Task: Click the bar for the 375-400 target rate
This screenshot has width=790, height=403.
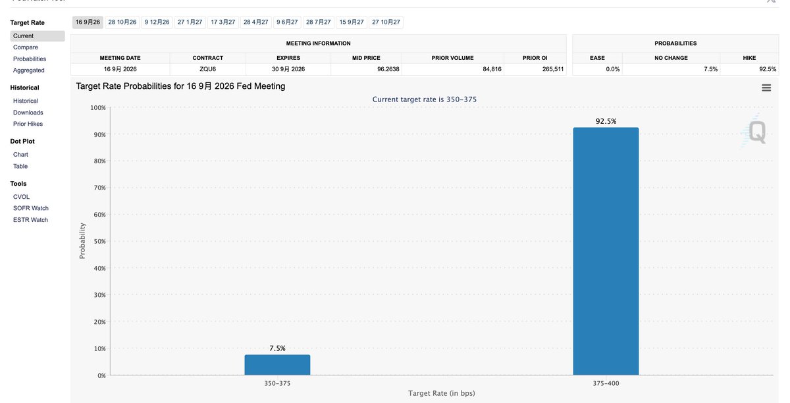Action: pos(606,251)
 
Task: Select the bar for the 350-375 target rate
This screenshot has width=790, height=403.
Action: pos(277,365)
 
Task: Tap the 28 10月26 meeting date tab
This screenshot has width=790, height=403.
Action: pos(122,22)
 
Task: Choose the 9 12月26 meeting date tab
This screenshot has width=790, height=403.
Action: pos(157,22)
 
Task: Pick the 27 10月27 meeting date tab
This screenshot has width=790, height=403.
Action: pos(386,22)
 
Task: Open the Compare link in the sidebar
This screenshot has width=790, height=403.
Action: pos(26,47)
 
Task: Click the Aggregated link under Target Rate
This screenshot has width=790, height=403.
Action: pos(28,70)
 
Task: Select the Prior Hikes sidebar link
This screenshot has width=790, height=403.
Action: pos(28,124)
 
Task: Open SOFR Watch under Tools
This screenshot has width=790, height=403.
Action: pos(31,208)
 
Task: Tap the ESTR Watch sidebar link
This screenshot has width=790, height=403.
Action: pos(30,220)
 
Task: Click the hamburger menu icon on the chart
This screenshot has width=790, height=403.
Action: pos(766,88)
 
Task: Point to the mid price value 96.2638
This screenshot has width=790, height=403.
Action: pos(388,69)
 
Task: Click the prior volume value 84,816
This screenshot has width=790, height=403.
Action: pos(492,69)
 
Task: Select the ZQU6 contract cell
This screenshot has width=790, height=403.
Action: pos(208,69)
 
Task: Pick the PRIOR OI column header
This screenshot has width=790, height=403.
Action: pos(535,58)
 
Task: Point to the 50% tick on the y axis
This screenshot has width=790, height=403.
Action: pos(99,242)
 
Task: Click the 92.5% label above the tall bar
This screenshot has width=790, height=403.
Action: pos(606,121)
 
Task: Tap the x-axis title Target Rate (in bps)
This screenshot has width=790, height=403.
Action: pos(442,393)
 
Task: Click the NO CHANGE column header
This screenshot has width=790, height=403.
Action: pos(671,58)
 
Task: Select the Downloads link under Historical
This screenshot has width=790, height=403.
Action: pos(28,113)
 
